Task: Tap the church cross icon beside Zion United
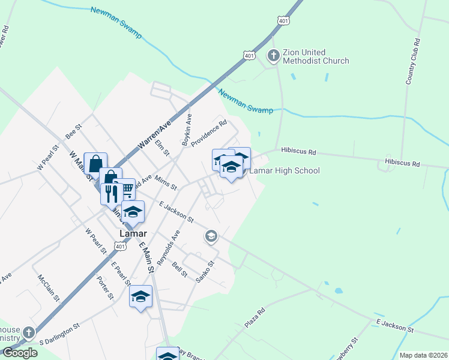[274, 56]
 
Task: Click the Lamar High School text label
[284, 170]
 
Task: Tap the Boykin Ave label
[187, 130]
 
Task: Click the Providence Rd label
[208, 133]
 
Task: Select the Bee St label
[73, 131]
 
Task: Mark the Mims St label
[165, 182]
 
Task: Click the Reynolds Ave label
[168, 247]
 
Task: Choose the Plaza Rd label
[255, 319]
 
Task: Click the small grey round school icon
[211, 237]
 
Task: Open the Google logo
[20, 353]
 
